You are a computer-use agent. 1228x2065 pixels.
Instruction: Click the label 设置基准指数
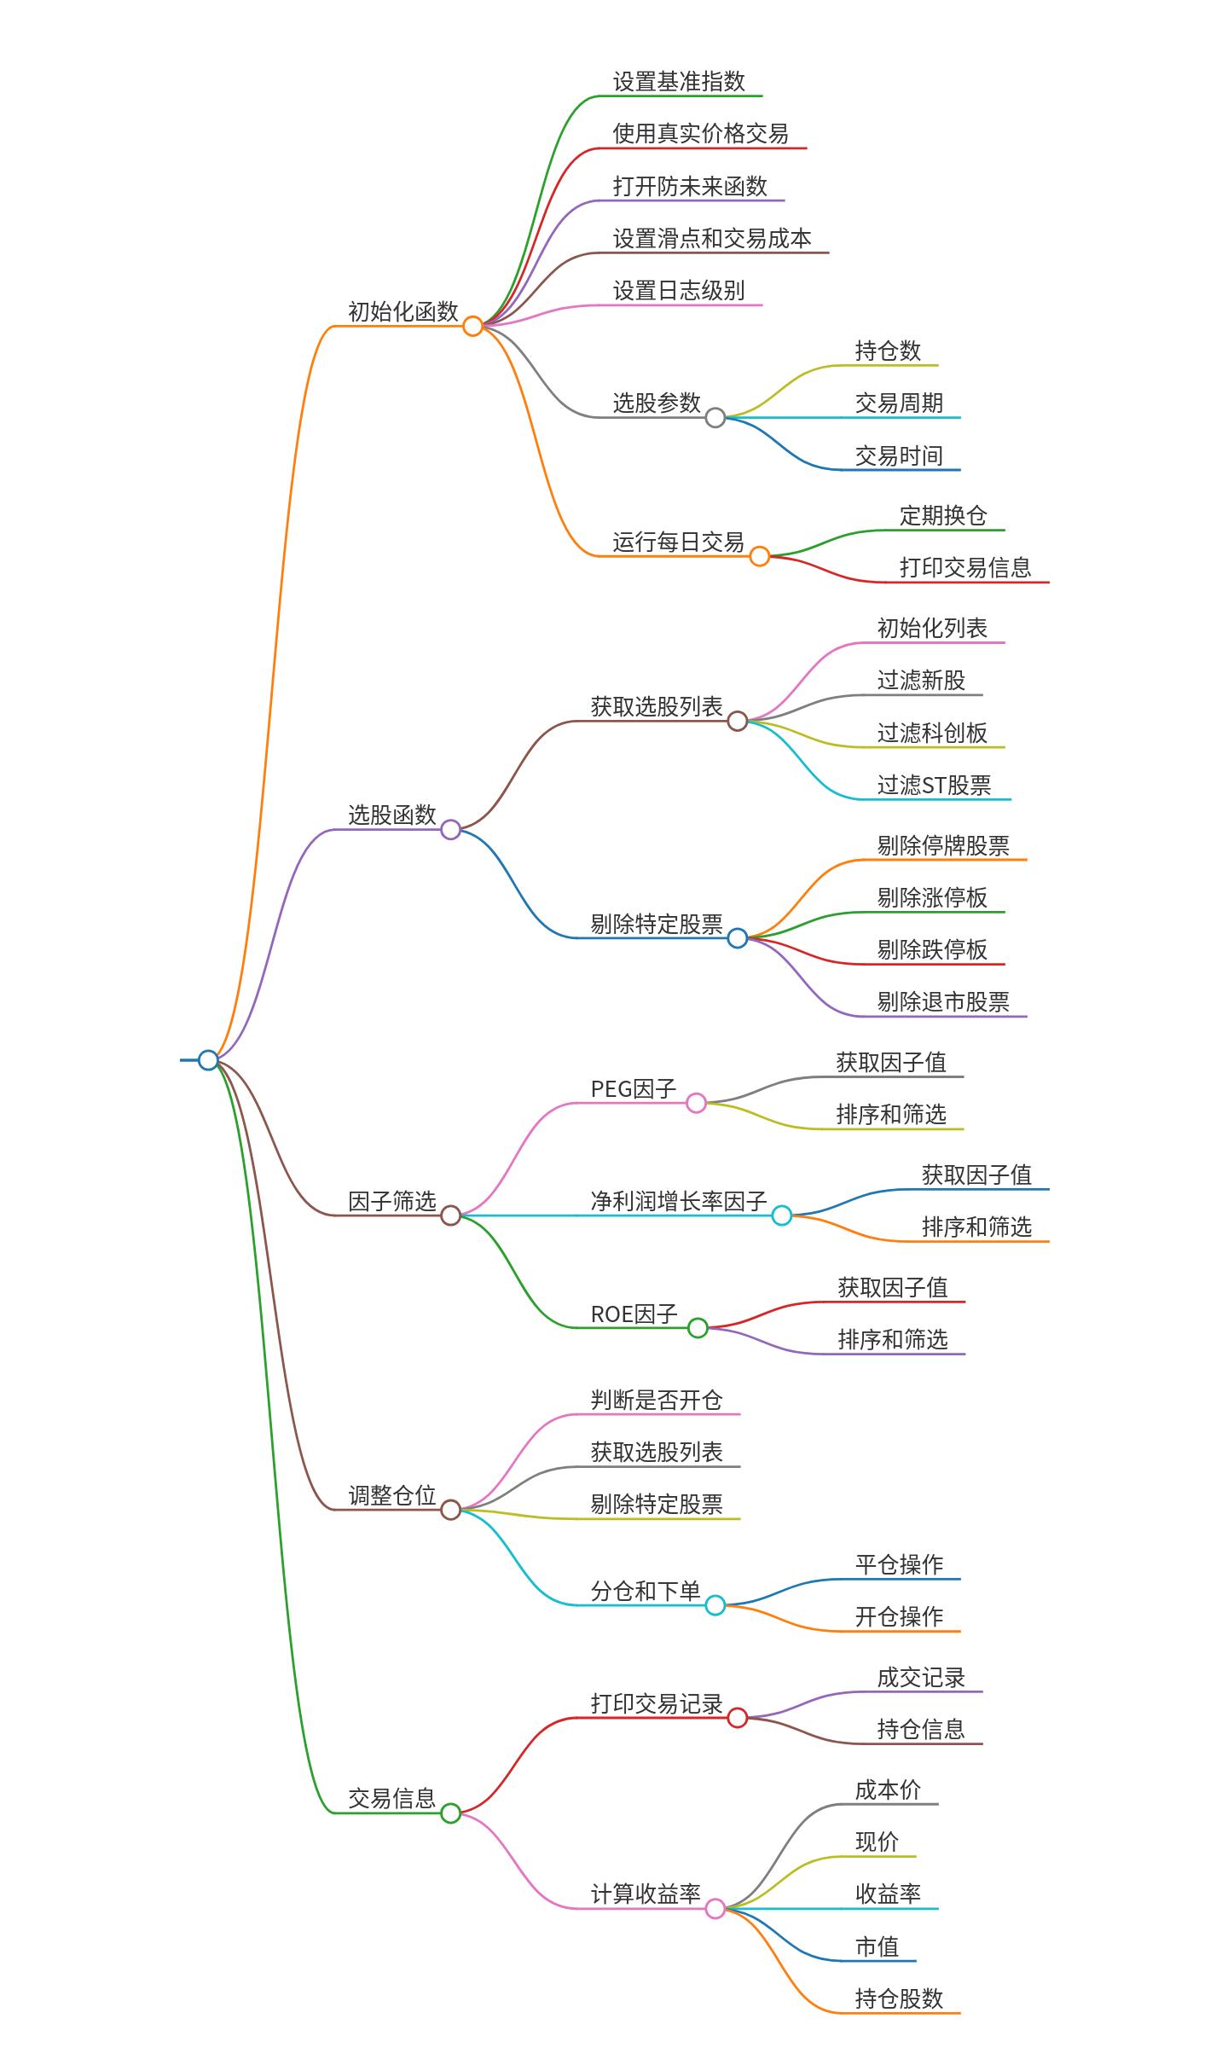click(x=679, y=82)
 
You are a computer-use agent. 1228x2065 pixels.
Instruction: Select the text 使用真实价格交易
click(x=700, y=134)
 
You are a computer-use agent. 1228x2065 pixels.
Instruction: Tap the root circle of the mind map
click(x=208, y=1060)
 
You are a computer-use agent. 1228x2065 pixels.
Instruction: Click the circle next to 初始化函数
click(x=472, y=326)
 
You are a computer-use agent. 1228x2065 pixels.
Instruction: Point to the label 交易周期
click(x=899, y=403)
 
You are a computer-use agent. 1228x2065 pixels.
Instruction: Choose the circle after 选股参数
click(x=715, y=418)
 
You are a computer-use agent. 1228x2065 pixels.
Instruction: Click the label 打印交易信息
click(x=965, y=568)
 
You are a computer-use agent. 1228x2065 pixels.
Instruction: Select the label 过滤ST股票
click(x=934, y=786)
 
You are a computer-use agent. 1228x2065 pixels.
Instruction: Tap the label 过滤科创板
click(x=932, y=734)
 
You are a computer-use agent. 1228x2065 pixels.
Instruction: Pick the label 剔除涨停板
click(x=932, y=898)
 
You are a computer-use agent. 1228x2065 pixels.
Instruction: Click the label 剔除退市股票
click(x=943, y=1002)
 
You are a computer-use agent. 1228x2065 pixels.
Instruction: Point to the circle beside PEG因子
click(x=697, y=1104)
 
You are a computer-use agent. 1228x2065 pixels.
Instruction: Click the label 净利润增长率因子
click(x=679, y=1202)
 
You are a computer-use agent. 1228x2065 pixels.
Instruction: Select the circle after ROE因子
click(x=698, y=1328)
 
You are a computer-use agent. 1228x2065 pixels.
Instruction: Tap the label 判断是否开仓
click(x=657, y=1401)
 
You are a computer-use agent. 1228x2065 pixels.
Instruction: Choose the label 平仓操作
click(x=899, y=1565)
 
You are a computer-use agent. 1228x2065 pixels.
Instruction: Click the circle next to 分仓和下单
click(x=715, y=1605)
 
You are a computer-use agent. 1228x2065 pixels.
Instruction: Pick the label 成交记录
click(x=921, y=1678)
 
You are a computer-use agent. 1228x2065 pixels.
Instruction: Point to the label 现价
click(x=877, y=1842)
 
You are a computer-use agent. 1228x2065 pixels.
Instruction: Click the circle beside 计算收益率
click(x=715, y=1909)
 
